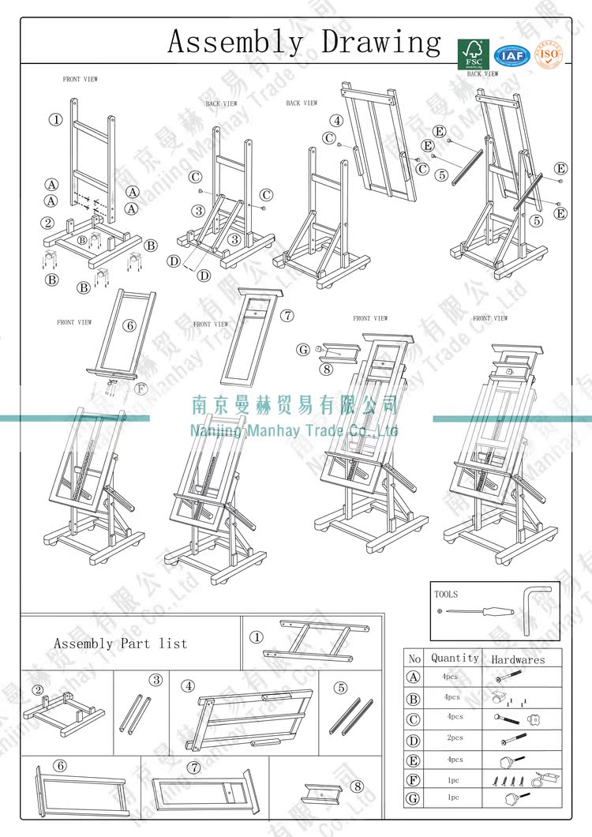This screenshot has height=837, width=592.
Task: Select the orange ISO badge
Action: point(549,54)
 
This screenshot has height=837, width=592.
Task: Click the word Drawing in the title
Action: point(382,42)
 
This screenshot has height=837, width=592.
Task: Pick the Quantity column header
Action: point(455,658)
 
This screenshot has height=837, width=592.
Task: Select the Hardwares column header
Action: point(518,659)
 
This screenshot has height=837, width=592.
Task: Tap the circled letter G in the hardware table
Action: point(414,798)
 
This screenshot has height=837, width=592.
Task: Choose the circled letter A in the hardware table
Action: point(414,677)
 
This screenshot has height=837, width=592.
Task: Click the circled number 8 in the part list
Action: point(358,786)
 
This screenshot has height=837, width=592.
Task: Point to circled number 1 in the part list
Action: point(257,636)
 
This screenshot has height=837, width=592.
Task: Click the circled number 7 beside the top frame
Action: point(288,315)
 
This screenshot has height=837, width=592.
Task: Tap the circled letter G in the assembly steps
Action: point(303,349)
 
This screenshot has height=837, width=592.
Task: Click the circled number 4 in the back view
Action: point(337,121)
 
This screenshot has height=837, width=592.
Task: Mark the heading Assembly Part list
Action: point(120,644)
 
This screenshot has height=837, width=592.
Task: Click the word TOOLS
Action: point(446,594)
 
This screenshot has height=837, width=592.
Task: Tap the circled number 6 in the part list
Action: point(61,766)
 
